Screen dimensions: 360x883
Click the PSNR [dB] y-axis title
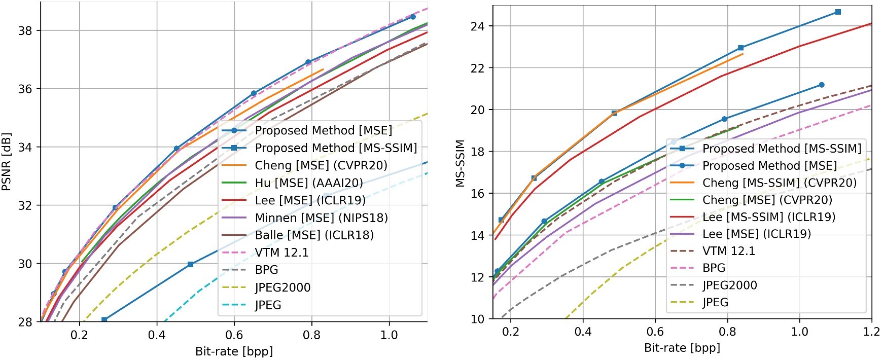click(7, 162)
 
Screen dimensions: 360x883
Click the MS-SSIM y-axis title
click(460, 163)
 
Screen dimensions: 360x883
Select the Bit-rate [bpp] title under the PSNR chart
click(234, 351)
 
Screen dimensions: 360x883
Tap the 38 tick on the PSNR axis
click(25, 30)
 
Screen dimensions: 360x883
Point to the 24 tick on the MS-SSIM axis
click(478, 26)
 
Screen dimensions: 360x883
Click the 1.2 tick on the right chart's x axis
click(871, 332)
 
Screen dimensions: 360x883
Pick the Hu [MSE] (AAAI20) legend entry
click(309, 183)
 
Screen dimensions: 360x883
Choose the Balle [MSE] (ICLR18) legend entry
click(314, 235)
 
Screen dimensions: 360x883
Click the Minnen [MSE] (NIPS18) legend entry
click(321, 218)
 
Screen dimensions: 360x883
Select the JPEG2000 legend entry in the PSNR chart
click(282, 287)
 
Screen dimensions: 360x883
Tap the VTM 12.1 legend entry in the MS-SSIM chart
click(728, 251)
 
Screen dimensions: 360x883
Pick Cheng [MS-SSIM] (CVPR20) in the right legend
click(779, 183)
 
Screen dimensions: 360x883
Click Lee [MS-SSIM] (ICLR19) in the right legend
click(768, 217)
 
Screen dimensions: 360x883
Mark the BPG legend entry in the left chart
click(266, 270)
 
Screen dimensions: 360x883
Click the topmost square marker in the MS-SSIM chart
click(838, 12)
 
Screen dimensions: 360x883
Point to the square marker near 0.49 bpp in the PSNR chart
click(191, 264)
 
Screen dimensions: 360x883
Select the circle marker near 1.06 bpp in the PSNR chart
click(413, 17)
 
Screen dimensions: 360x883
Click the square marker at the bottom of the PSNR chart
click(104, 319)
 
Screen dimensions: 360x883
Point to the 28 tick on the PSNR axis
click(25, 322)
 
